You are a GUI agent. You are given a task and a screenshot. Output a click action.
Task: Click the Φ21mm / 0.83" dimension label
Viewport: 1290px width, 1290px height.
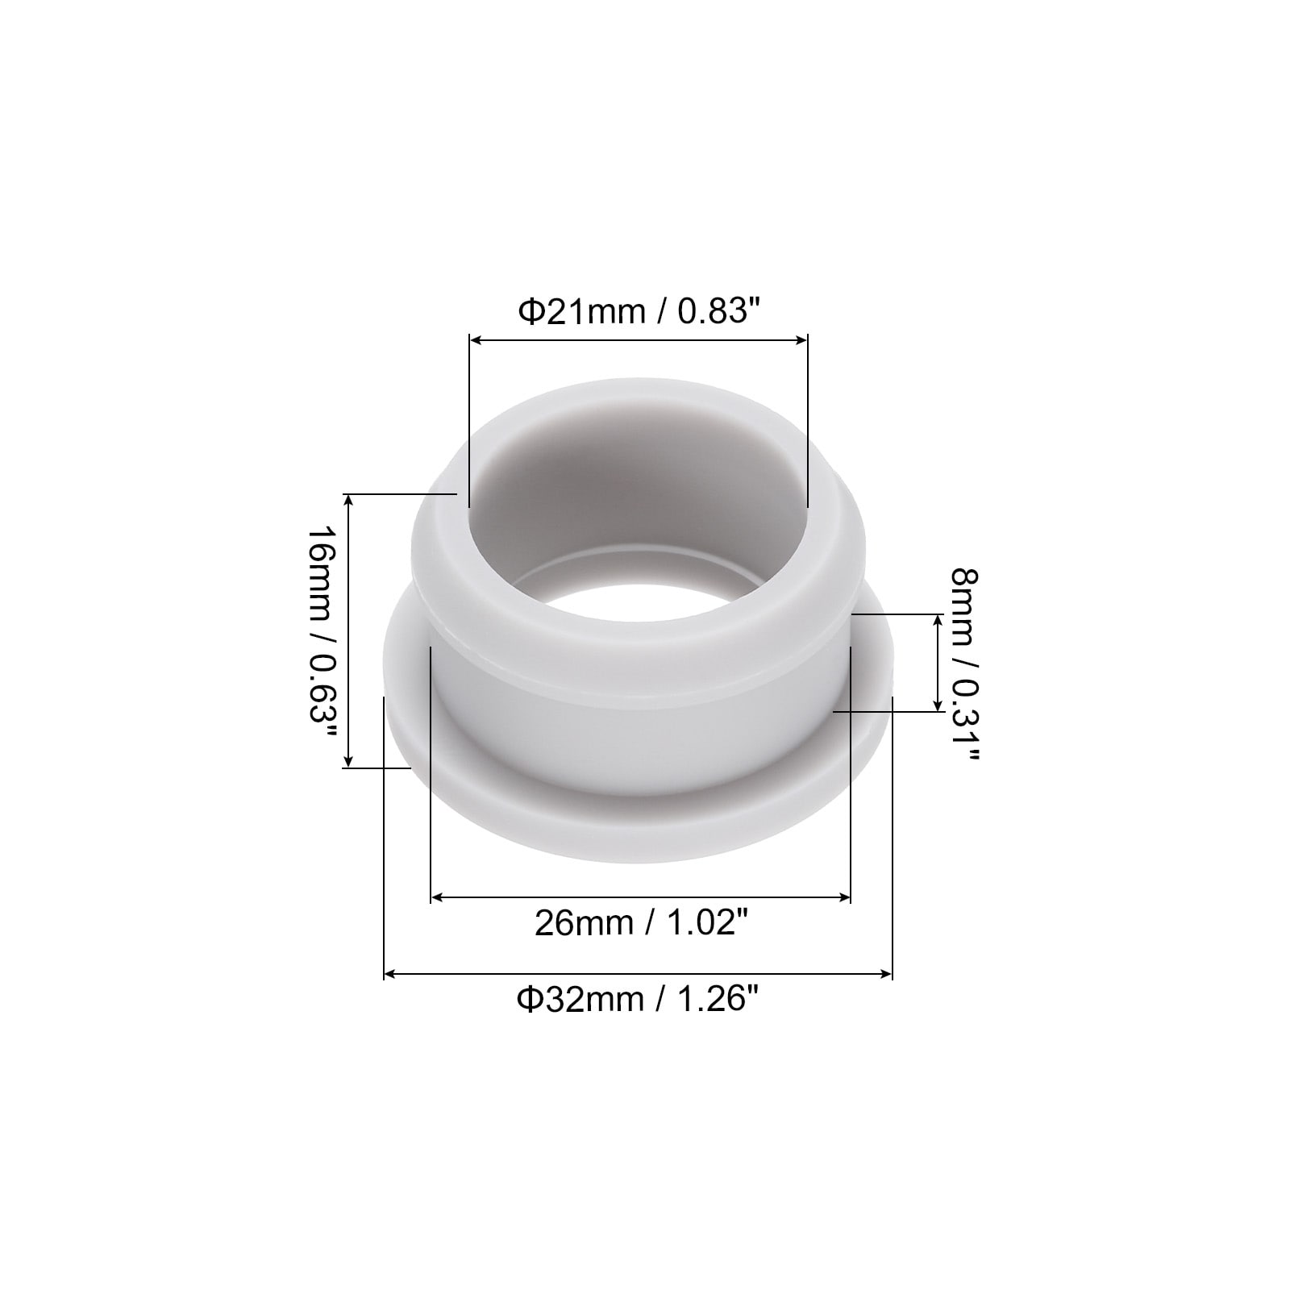(639, 310)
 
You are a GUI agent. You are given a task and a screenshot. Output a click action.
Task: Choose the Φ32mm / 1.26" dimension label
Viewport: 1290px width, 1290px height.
(639, 1000)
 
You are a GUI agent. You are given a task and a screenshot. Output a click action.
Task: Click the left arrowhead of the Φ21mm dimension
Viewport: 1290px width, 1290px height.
(476, 340)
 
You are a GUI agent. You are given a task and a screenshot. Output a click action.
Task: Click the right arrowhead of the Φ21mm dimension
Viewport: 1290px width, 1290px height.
(801, 340)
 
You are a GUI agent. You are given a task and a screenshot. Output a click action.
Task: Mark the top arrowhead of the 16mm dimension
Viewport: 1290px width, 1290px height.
(349, 500)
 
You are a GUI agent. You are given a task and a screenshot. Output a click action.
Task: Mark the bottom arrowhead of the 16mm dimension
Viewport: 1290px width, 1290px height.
(349, 761)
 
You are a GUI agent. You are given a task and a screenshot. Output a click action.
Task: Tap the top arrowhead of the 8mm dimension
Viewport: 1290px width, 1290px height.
(938, 620)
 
